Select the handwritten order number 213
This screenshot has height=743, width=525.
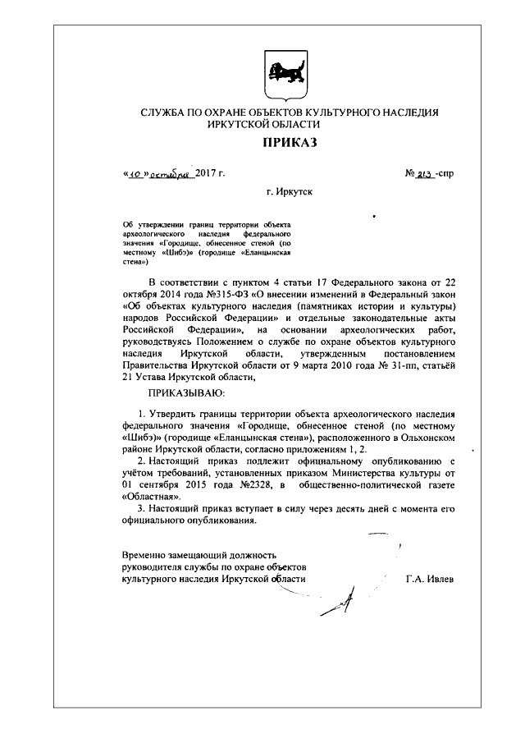coord(425,175)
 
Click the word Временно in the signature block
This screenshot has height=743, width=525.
coord(144,556)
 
